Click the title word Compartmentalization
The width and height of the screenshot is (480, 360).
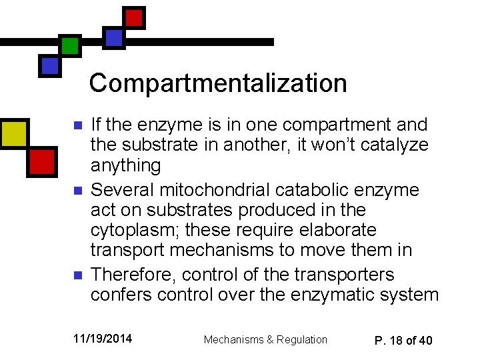click(x=218, y=83)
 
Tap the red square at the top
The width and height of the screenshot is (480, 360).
click(x=134, y=17)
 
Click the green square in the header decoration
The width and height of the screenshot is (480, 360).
click(x=69, y=45)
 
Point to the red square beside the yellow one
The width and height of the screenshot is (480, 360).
click(x=41, y=161)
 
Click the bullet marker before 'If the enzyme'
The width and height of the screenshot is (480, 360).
click(x=77, y=125)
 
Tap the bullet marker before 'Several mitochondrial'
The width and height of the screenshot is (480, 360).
click(x=77, y=191)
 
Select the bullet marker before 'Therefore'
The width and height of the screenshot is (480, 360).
click(x=77, y=275)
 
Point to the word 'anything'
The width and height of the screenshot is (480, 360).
click(x=125, y=165)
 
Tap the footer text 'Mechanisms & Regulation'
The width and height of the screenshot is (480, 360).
click(x=265, y=339)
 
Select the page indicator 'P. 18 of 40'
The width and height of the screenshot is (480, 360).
click(x=403, y=340)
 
